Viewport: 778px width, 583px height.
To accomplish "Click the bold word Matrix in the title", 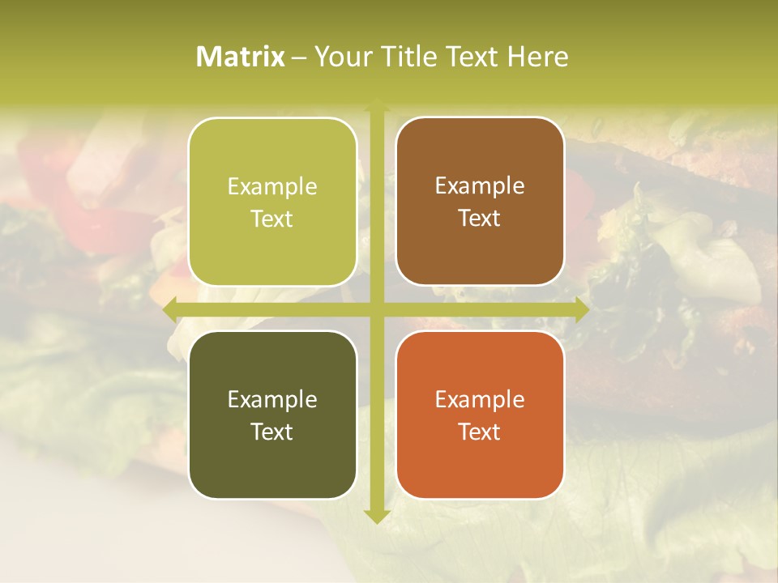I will [241, 57].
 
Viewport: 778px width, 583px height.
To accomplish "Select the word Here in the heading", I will [537, 57].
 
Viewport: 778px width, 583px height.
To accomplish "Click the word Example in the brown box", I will [480, 186].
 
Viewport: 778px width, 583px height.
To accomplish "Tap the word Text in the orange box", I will [480, 432].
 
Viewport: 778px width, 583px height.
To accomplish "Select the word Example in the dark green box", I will [272, 399].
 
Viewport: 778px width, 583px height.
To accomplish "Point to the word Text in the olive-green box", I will [272, 219].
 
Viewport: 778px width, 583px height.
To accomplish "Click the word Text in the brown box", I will [480, 218].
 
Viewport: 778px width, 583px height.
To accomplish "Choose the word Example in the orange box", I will [480, 399].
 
